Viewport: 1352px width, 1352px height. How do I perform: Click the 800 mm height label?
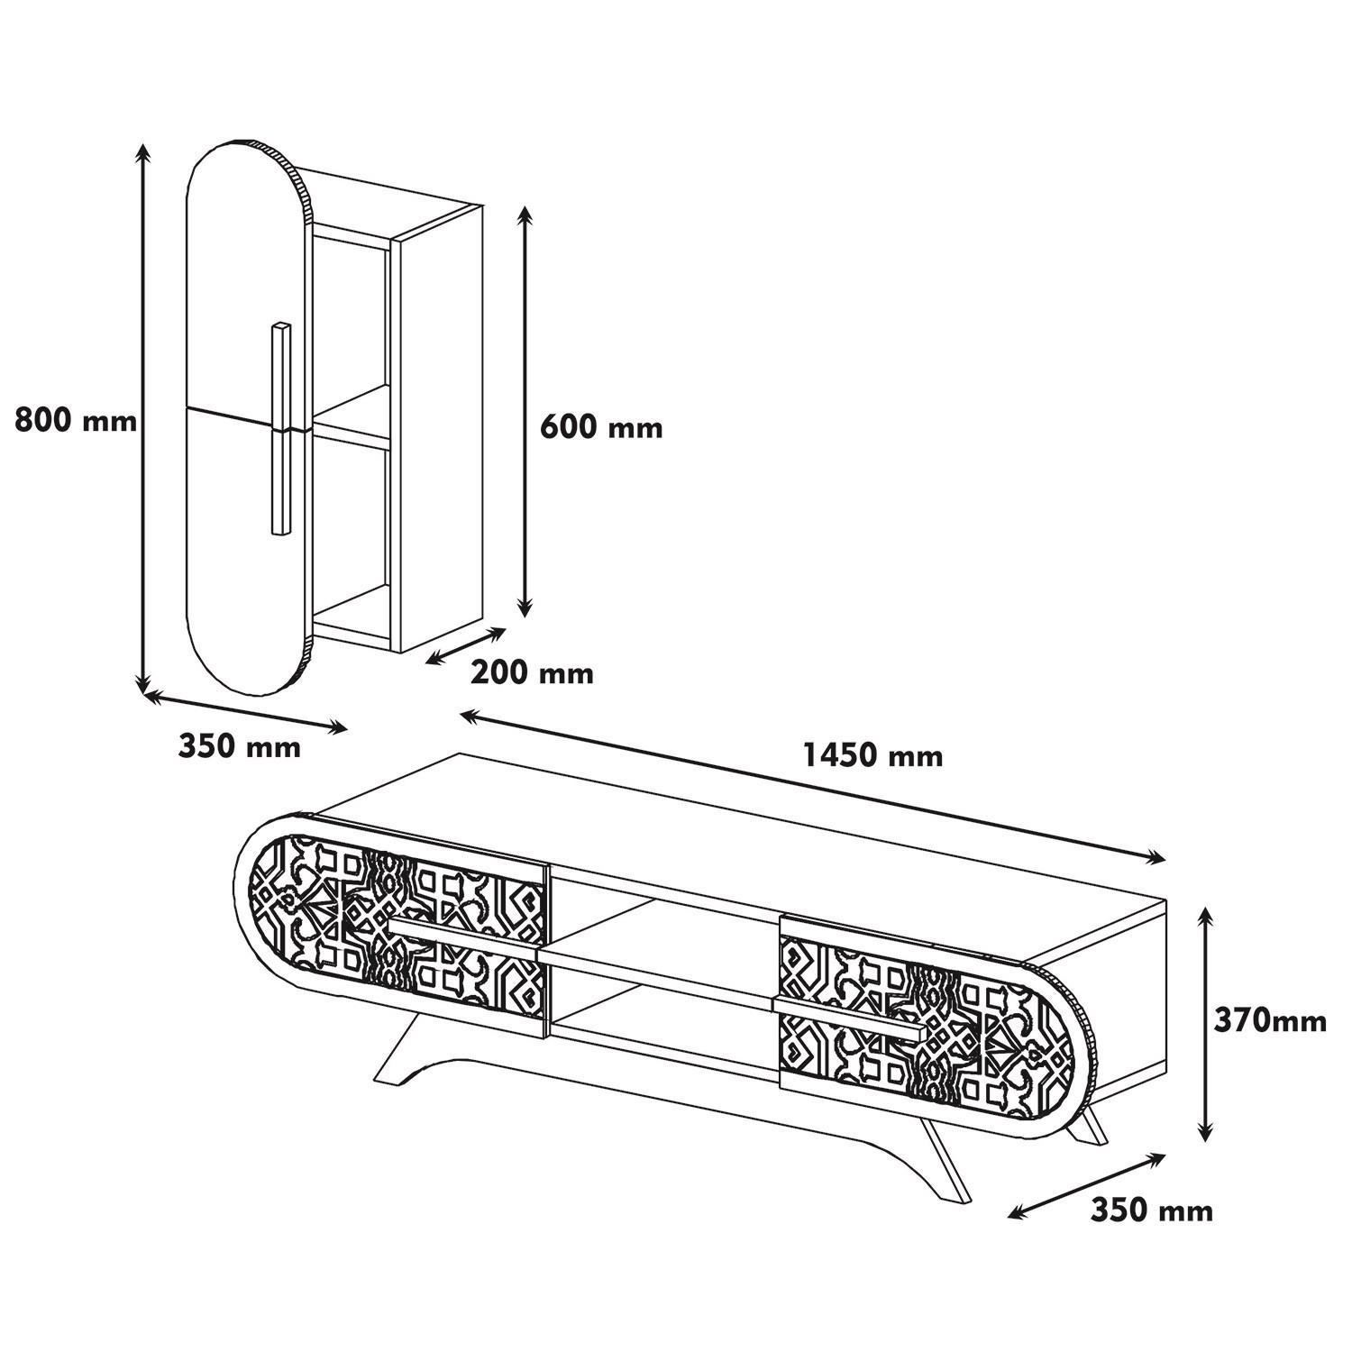(76, 421)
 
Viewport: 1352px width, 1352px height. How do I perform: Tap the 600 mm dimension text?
(600, 426)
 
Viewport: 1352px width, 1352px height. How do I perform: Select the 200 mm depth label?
(532, 672)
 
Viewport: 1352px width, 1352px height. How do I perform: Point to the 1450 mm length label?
(872, 755)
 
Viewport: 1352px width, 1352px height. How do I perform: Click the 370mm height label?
(1269, 1020)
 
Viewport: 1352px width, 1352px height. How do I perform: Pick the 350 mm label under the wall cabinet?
(239, 746)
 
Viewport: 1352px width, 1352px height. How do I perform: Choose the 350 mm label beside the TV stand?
(1151, 1210)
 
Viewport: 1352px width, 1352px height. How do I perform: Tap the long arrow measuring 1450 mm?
(811, 785)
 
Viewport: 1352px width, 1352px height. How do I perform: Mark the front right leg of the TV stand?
(946, 1163)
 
